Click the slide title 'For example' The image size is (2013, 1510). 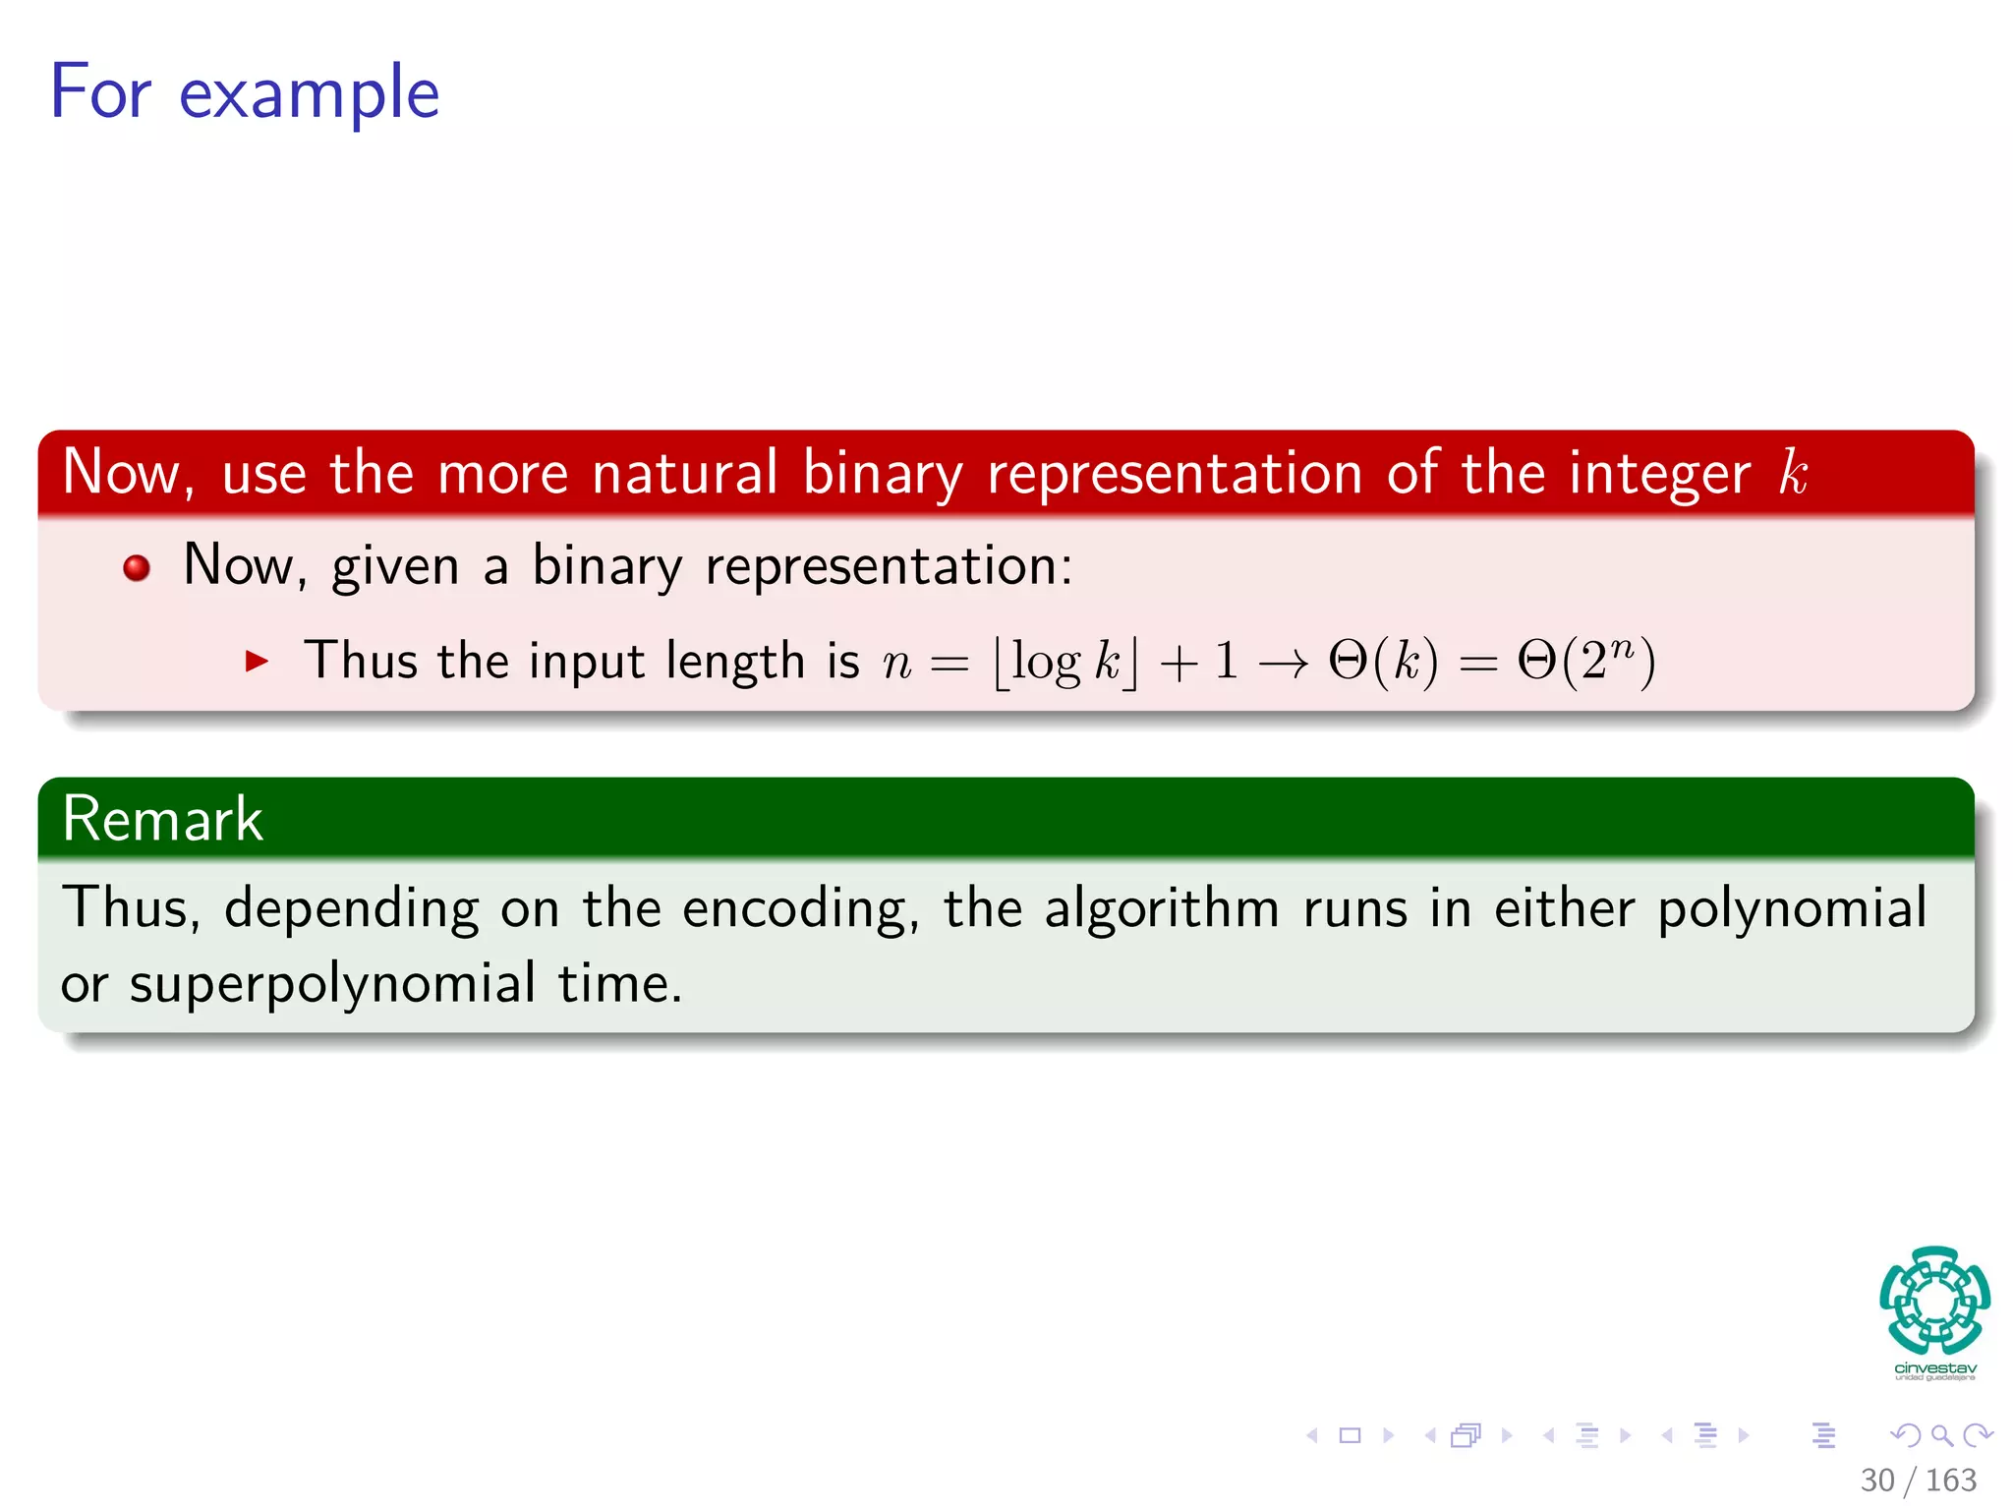coord(244,92)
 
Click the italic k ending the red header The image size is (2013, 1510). coord(1793,473)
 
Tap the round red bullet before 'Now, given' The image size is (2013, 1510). coord(137,567)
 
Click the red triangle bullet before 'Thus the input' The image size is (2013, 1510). coord(257,661)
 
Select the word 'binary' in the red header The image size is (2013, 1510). coord(882,473)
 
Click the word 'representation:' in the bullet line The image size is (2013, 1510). coord(889,567)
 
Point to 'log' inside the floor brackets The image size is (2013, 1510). coord(1046,661)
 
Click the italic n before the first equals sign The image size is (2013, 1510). coord(896,663)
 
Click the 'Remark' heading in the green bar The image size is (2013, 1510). coord(162,819)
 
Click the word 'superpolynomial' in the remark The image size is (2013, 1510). coord(332,984)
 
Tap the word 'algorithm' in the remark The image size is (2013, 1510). coord(1161,908)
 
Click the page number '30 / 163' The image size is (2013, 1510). coord(1918,1480)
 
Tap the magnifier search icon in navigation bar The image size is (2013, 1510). coord(1941,1436)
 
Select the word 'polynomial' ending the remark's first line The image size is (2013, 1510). coord(1792,908)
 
